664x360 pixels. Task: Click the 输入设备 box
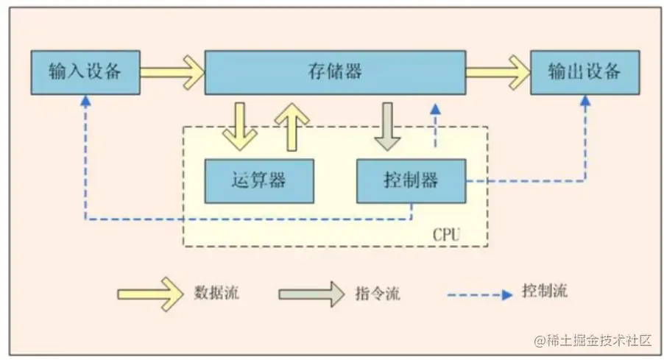85,72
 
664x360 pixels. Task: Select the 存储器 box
334,72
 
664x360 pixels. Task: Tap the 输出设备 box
585,72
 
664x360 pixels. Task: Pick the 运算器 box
258,180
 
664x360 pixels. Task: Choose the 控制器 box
411,180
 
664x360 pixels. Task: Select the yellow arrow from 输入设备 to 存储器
172,72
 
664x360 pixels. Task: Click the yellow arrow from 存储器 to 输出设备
498,72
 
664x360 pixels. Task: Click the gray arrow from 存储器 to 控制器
387,126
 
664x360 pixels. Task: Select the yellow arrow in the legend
150,294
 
